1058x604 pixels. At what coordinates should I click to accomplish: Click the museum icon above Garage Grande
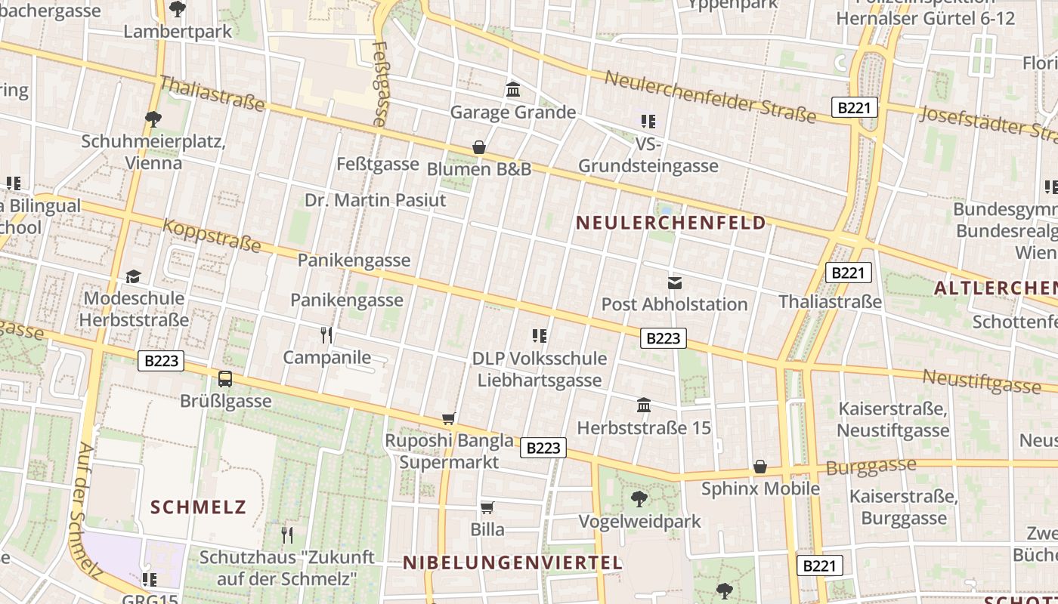(513, 90)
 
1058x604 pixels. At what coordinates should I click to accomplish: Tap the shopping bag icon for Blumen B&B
(478, 147)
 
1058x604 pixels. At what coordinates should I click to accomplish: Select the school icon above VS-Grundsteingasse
(648, 121)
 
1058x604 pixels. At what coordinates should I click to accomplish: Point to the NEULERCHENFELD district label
(671, 223)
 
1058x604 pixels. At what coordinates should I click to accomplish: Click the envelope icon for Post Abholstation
(674, 283)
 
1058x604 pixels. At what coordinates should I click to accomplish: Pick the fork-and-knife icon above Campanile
(326, 334)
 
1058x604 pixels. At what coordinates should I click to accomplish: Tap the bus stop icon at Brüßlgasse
(225, 378)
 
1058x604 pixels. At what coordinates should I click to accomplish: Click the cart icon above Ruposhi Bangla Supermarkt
(449, 418)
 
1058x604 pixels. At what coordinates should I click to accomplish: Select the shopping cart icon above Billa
(487, 507)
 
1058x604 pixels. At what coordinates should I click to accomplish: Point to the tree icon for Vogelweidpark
(639, 499)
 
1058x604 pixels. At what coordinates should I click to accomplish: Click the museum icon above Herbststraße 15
(644, 405)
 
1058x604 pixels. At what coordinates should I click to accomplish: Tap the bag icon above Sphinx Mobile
(760, 467)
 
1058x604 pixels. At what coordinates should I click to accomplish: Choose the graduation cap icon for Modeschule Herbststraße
(134, 276)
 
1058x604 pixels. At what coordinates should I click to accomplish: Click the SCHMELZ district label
(199, 507)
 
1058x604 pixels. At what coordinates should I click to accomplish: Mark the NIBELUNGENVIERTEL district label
(512, 562)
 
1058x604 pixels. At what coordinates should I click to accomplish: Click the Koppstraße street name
(212, 236)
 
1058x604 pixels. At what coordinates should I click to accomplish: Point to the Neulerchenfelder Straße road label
(710, 97)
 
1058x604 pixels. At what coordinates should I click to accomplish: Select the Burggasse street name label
(871, 467)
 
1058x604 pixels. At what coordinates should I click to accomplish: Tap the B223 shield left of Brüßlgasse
(162, 361)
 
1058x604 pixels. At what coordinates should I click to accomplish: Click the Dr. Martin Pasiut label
(376, 200)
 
